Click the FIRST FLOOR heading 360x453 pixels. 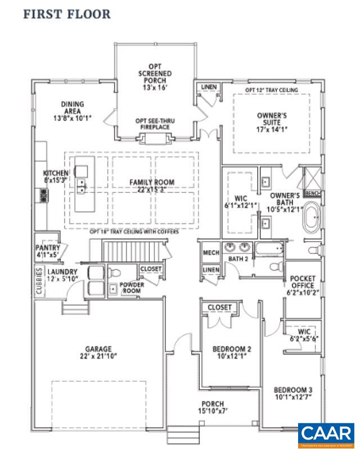click(66, 14)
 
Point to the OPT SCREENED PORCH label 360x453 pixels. click(155, 76)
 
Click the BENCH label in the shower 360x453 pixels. click(311, 193)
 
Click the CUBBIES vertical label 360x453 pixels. click(38, 284)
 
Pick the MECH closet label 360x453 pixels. click(210, 253)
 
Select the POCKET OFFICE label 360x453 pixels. click(303, 286)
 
